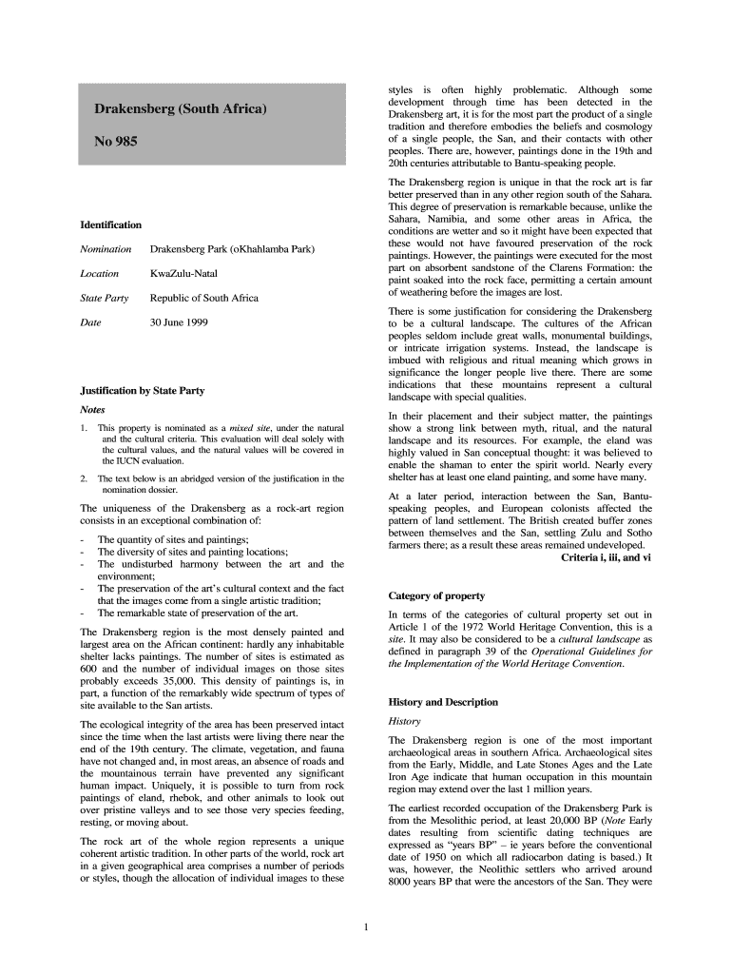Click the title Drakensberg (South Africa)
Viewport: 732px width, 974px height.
tap(180, 109)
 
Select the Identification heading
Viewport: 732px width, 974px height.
tap(111, 224)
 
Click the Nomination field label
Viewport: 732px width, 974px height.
tap(106, 249)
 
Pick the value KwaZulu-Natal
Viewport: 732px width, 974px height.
tap(183, 274)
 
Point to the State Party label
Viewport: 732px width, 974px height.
tap(105, 299)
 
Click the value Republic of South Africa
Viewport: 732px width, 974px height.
tap(203, 299)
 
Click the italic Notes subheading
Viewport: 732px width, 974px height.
tap(93, 410)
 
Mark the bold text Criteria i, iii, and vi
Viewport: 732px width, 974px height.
tap(607, 557)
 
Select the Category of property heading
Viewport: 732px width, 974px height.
tap(436, 595)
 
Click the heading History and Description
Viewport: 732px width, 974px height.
tap(443, 702)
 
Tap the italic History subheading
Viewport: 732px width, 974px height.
tap(406, 722)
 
